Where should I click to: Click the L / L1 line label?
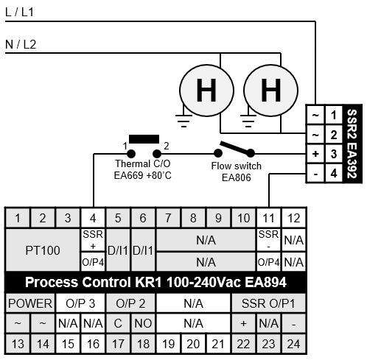[19, 13]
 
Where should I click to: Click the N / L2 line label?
[21, 44]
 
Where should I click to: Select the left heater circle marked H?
[206, 91]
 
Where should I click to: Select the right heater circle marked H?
[271, 91]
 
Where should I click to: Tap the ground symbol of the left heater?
[183, 120]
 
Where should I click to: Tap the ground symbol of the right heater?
[248, 120]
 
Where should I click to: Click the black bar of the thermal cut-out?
[144, 139]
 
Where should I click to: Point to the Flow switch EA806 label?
[237, 172]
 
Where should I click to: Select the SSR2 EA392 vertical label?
[352, 144]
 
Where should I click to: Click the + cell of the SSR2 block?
[315, 154]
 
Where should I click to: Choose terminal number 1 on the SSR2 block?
[334, 115]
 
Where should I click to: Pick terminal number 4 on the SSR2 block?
[334, 174]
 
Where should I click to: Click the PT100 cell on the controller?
[43, 250]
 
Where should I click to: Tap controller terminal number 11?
[268, 218]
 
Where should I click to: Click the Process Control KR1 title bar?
[155, 282]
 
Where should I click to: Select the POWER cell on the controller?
[30, 303]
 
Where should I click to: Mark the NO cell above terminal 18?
[143, 323]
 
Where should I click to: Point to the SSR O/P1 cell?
[268, 303]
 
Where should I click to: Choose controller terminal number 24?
[294, 344]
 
